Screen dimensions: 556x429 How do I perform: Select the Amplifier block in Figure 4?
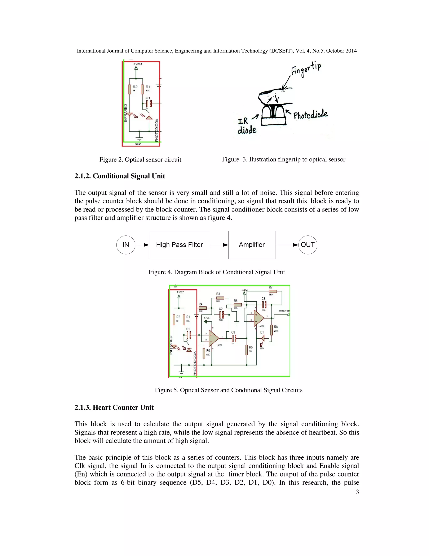(252, 245)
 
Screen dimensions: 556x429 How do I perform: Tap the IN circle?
(125, 245)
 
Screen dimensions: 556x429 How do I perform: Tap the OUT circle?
(308, 245)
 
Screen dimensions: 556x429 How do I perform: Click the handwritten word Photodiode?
(311, 115)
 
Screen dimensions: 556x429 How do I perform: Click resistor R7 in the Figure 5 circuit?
(273, 291)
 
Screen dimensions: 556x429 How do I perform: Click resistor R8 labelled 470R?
(271, 330)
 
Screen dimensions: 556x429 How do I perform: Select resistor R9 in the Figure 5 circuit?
(204, 353)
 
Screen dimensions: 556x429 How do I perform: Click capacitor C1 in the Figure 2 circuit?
(149, 104)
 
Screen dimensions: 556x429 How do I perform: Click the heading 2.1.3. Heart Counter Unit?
(114, 407)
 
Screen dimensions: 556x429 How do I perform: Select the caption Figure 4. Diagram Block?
(217, 272)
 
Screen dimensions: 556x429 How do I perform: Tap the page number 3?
(357, 492)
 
